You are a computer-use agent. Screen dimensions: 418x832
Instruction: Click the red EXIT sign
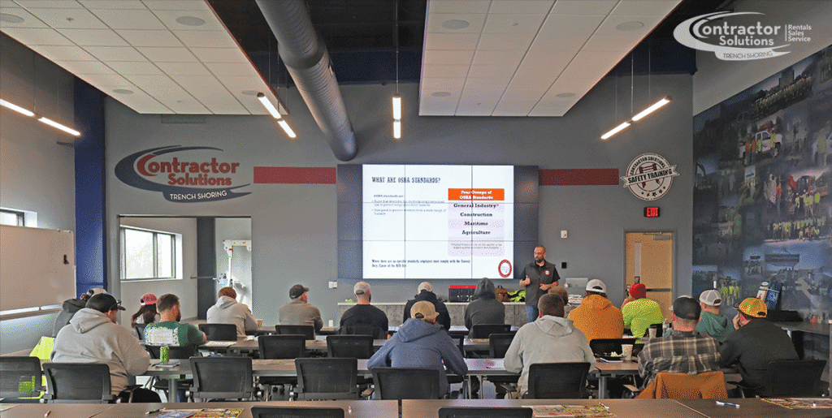(x=651, y=212)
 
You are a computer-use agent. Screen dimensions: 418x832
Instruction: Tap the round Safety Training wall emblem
(x=649, y=176)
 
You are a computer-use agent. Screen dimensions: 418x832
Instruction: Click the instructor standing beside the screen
(x=538, y=280)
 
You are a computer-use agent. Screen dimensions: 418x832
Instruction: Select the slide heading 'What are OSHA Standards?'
(x=406, y=179)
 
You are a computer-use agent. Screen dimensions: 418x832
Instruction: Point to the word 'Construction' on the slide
(x=476, y=214)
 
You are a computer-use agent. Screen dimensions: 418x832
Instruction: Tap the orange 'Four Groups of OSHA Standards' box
(x=476, y=195)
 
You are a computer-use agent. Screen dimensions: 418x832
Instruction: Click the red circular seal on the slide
(x=504, y=267)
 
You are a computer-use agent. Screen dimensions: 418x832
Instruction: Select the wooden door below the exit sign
(x=649, y=264)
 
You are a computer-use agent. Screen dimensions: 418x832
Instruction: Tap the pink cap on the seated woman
(x=149, y=299)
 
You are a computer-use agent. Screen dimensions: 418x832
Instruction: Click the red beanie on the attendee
(x=638, y=290)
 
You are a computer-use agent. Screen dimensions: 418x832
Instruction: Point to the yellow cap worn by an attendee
(x=752, y=307)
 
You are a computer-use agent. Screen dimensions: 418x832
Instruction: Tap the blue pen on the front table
(x=726, y=404)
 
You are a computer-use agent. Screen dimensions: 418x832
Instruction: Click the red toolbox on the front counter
(x=461, y=293)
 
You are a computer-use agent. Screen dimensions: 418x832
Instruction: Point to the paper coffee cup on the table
(x=626, y=351)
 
